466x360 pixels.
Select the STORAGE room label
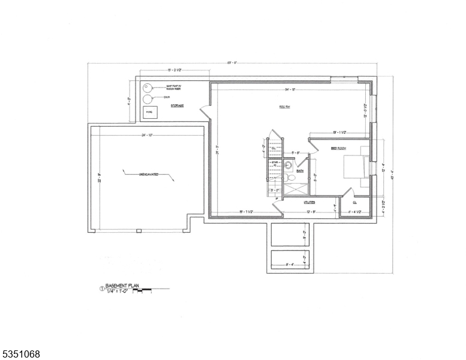177,106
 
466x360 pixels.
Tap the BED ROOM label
338,148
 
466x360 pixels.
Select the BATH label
299,171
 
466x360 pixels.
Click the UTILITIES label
293,202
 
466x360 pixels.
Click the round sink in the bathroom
288,166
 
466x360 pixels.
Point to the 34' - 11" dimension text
292,89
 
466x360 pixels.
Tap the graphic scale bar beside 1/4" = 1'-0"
142,291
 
